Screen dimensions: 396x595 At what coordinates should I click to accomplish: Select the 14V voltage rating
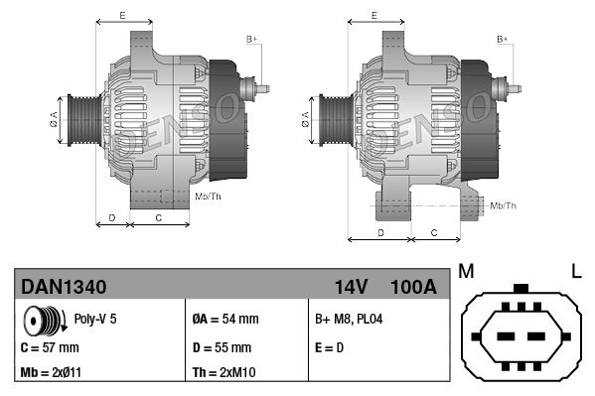coord(351,287)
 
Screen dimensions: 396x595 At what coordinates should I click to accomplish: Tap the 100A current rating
coord(413,287)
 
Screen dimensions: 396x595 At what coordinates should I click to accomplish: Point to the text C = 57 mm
coord(50,348)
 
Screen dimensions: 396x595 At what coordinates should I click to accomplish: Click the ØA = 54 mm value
coord(224,320)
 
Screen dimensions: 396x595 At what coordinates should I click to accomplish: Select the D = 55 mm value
coord(223,348)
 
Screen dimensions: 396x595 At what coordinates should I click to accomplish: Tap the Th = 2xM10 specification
coord(224,374)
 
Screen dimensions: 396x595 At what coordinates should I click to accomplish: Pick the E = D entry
coord(331,348)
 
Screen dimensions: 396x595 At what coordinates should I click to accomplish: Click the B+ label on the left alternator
coord(251,39)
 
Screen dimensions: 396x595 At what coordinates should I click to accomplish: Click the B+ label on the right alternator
coord(503,39)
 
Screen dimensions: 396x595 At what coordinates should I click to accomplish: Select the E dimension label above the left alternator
coord(122,15)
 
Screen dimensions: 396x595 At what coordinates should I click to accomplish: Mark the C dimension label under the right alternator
coord(434,231)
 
